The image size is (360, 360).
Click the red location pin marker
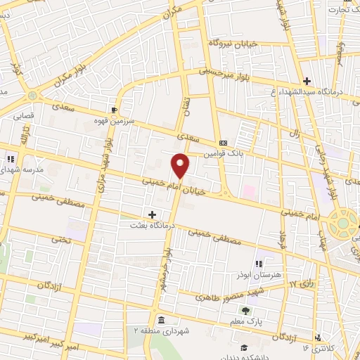181,165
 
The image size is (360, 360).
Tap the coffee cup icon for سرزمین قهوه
114,110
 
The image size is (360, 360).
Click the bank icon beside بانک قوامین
223,143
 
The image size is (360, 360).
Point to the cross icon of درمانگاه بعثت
152,214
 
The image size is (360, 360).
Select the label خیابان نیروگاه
233,43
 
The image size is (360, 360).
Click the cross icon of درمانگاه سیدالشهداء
307,81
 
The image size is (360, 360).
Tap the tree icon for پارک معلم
245,311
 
